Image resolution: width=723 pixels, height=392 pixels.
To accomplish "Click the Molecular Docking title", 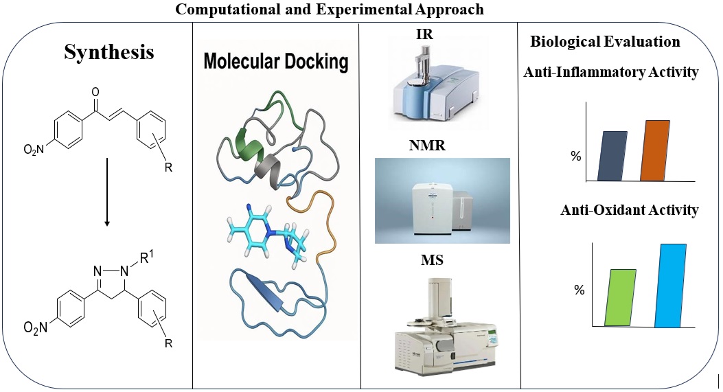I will click(x=275, y=62).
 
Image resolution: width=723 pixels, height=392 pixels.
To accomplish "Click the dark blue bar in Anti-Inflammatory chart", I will click(x=612, y=156).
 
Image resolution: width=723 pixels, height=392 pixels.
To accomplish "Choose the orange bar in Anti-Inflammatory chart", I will click(x=654, y=150).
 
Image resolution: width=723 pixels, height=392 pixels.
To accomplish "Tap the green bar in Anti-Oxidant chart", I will click(x=620, y=297).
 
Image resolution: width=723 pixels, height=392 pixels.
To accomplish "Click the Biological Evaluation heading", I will click(x=605, y=42).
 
